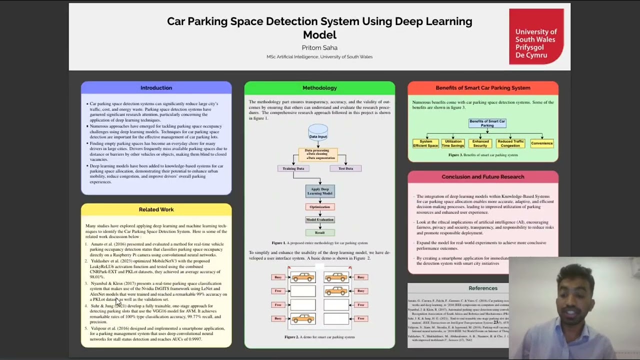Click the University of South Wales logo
(x=536, y=37)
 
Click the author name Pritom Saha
(x=319, y=47)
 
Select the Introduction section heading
(x=156, y=87)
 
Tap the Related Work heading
(x=156, y=209)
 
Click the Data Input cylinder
(x=318, y=133)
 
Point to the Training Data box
(x=293, y=168)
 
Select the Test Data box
(x=345, y=168)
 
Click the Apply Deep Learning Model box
(x=320, y=191)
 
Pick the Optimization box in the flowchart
(x=320, y=206)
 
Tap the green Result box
(x=320, y=232)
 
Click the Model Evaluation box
(x=320, y=219)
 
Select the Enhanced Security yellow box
(x=480, y=143)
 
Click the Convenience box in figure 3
(x=541, y=143)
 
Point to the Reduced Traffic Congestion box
(x=510, y=143)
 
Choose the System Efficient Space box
(x=425, y=143)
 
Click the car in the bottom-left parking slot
(x=303, y=318)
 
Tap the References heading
(x=482, y=288)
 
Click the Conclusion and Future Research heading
(x=482, y=176)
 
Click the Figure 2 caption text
(x=319, y=337)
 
